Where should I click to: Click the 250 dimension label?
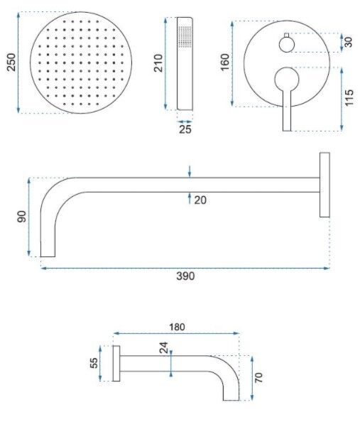11,63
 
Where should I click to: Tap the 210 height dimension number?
158,63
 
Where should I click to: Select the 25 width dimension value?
185,129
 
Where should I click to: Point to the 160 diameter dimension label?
225,63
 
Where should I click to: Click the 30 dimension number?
349,42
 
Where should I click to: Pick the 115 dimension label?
349,98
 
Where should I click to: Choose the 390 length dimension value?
185,276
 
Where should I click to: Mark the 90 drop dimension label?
22,217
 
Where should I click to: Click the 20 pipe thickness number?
200,200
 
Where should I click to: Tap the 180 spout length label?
177,327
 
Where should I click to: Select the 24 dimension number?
163,347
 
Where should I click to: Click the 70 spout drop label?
258,378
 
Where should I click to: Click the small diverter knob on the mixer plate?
287,45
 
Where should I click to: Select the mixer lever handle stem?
287,110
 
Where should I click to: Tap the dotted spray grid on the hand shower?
185,36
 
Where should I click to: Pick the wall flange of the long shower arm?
324,185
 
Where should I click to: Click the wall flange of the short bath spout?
116,363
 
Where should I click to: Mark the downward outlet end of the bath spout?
231,400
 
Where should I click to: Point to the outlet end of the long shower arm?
48,256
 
